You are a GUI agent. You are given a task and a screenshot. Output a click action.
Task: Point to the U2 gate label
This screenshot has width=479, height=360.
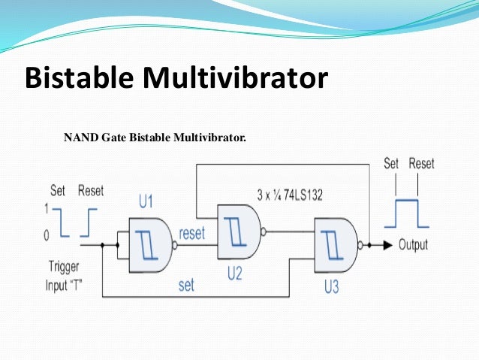click(x=235, y=274)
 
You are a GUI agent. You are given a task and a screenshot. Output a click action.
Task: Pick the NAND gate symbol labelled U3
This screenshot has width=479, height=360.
click(x=336, y=244)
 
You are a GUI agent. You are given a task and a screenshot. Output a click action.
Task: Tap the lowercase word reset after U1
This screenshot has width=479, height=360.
click(x=192, y=234)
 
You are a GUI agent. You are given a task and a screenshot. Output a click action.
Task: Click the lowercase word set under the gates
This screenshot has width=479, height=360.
click(x=187, y=286)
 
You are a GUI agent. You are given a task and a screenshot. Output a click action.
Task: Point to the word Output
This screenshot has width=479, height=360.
click(x=413, y=245)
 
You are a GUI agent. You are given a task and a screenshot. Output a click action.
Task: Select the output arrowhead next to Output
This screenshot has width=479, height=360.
click(x=385, y=245)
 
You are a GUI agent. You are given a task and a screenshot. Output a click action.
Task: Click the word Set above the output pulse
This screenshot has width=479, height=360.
click(x=391, y=163)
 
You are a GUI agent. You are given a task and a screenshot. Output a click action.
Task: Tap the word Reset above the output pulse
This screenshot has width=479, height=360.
click(x=422, y=163)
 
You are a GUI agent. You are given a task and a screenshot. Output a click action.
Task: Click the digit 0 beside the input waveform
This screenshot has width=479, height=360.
click(x=47, y=236)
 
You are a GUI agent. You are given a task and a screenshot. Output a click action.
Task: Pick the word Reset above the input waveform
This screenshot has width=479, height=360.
click(x=91, y=190)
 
